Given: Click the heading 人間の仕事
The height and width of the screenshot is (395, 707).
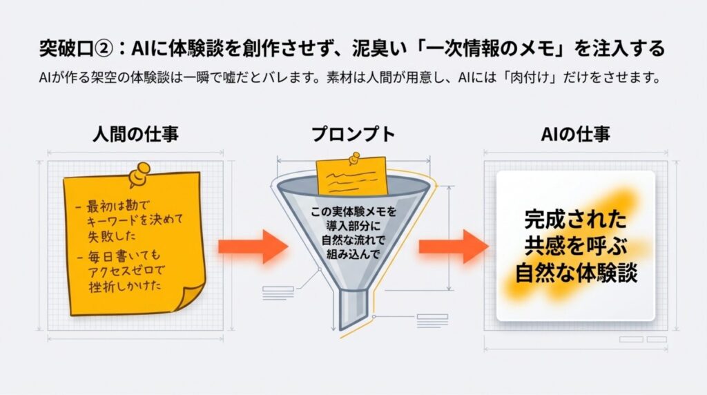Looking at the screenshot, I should pos(135,134).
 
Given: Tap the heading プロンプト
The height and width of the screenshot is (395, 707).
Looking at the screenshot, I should pos(353,134).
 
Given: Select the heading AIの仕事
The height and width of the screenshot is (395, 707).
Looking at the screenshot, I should pos(576,134).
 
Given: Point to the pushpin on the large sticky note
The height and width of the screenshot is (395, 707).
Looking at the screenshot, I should pos(140,174).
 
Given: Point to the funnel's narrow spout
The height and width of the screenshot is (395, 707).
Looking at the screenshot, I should pos(354,305).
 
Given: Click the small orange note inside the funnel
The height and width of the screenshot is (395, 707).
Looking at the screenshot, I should pos(350,177).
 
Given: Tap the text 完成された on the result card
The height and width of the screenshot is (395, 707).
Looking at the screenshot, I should pos(575,220).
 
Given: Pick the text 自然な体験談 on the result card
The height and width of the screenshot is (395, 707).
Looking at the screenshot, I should pos(576,273).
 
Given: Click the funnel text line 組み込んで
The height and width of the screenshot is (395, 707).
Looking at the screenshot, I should pos(353,254).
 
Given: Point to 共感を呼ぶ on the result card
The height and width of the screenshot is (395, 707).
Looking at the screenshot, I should pos(575,247).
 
